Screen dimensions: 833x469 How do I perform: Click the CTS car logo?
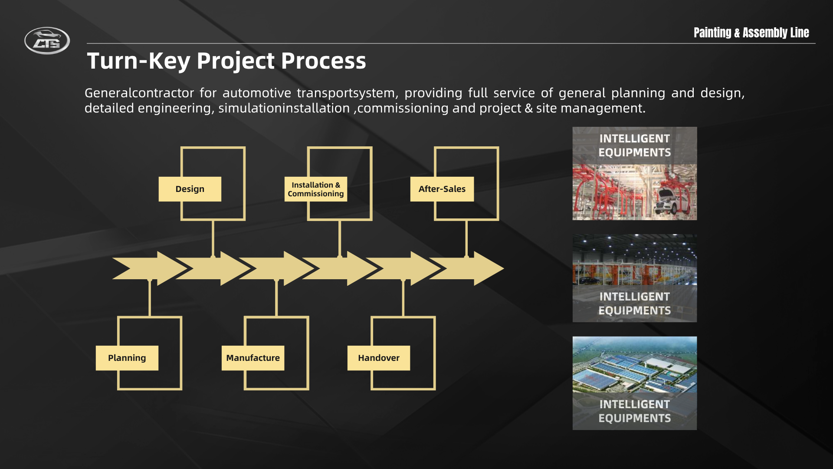(47, 41)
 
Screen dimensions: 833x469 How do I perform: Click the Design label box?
(190, 189)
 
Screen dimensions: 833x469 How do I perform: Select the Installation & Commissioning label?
(316, 189)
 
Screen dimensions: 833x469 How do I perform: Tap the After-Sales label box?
(442, 189)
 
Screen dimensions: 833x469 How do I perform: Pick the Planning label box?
(127, 358)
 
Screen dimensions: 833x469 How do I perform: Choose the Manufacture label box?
(253, 358)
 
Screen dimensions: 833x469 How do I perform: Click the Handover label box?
(379, 358)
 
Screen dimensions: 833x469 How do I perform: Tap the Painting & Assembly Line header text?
(751, 33)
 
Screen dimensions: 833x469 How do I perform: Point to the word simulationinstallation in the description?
(284, 108)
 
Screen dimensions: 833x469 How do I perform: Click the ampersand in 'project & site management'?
(529, 108)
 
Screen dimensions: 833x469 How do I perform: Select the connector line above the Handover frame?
(403, 298)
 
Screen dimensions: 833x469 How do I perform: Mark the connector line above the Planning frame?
(150, 298)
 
